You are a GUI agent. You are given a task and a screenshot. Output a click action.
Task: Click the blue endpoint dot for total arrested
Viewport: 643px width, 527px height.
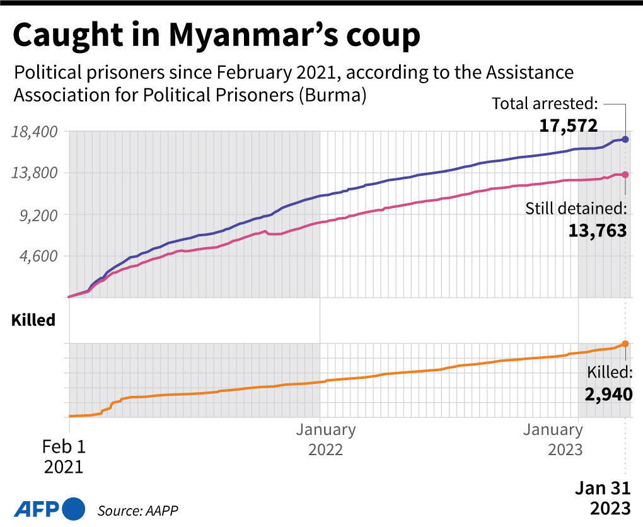pyautogui.click(x=625, y=139)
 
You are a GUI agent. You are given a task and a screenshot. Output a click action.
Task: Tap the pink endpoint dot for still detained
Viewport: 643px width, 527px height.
pyautogui.click(x=625, y=175)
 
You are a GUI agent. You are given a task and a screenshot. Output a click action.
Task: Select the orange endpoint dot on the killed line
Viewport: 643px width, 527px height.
pyautogui.click(x=625, y=344)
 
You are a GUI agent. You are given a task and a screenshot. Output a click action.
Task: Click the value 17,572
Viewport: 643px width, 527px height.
pyautogui.click(x=568, y=125)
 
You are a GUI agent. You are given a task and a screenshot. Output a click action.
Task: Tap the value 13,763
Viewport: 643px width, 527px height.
pyautogui.click(x=597, y=231)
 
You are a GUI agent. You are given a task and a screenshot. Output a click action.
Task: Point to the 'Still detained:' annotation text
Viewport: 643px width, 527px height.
pyautogui.click(x=576, y=209)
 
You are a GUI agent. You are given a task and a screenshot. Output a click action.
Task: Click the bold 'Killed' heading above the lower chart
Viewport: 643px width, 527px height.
pyautogui.click(x=33, y=320)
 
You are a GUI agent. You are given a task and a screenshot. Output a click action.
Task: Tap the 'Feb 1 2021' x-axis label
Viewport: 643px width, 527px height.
pyautogui.click(x=63, y=457)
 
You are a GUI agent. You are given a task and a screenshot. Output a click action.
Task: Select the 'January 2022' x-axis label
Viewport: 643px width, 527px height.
pyautogui.click(x=326, y=440)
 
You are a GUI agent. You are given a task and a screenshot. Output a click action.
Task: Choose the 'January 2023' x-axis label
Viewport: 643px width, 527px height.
pyautogui.click(x=553, y=440)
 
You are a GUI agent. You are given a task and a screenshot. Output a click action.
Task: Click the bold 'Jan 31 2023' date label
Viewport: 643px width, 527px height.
pyautogui.click(x=601, y=498)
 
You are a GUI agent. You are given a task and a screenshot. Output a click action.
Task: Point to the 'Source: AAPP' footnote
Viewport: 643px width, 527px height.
pyautogui.click(x=134, y=509)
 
